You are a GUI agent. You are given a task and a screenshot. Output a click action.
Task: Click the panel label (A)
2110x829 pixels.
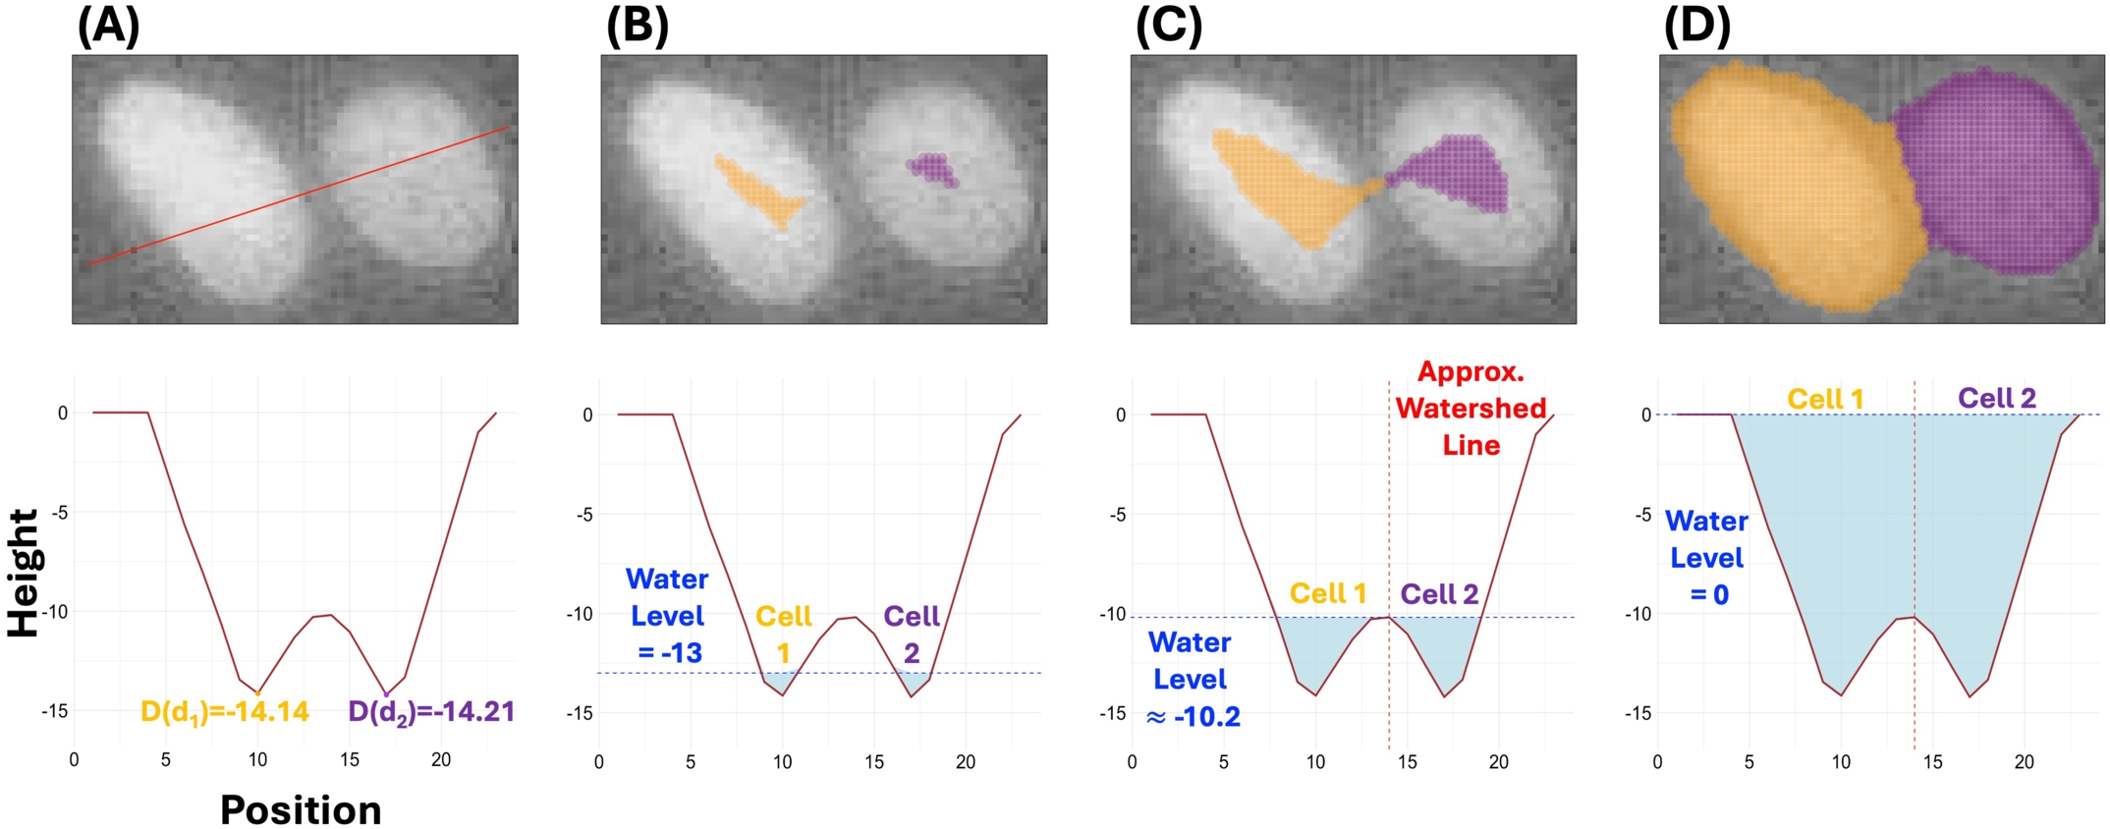click(108, 27)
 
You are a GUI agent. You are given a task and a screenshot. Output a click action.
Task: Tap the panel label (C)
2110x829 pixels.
click(1168, 27)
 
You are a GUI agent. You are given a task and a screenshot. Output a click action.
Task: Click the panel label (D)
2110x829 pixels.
click(1696, 27)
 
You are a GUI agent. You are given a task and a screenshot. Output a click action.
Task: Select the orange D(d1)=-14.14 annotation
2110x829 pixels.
click(225, 712)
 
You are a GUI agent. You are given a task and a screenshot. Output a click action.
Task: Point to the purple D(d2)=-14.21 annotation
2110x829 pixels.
click(431, 712)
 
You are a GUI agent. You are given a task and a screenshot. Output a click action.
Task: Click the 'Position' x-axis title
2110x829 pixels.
click(301, 810)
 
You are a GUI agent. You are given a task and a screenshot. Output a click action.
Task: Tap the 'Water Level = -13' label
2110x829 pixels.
click(667, 616)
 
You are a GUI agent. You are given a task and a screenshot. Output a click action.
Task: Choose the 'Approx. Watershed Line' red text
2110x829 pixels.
click(1471, 409)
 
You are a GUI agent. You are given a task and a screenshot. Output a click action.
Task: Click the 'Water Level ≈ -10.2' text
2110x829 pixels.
click(1191, 680)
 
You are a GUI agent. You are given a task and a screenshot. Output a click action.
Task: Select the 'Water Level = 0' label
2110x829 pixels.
click(1707, 558)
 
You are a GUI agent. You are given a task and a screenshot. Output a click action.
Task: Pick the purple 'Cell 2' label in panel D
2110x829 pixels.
click(1997, 398)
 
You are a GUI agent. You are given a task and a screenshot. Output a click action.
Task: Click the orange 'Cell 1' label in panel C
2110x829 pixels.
click(1328, 593)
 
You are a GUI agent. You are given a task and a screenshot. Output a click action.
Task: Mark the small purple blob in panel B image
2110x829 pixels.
click(932, 169)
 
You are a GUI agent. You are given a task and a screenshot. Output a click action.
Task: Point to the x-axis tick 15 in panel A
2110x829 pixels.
click(350, 759)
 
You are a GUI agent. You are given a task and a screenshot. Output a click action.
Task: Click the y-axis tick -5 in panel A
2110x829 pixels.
click(60, 512)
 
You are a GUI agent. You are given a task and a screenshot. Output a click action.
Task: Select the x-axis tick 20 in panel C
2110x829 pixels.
click(1498, 762)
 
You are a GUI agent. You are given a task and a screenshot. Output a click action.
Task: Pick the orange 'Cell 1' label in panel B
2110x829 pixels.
click(783, 634)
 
